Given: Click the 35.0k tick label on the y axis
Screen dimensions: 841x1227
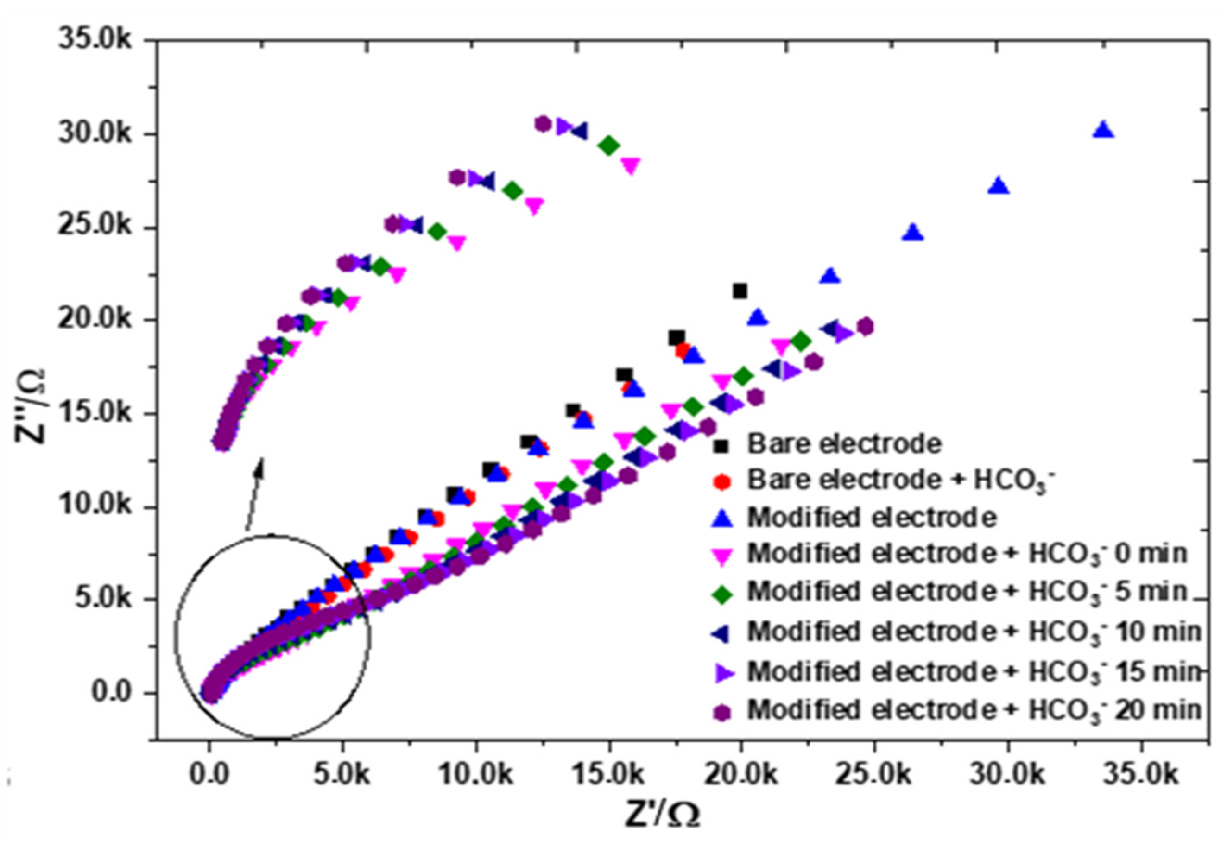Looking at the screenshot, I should coord(95,41).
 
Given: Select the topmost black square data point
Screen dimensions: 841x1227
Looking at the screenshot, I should coord(740,291).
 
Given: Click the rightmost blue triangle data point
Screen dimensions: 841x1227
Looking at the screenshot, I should coord(1103,130).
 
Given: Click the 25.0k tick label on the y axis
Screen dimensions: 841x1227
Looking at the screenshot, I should coord(95,227).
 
